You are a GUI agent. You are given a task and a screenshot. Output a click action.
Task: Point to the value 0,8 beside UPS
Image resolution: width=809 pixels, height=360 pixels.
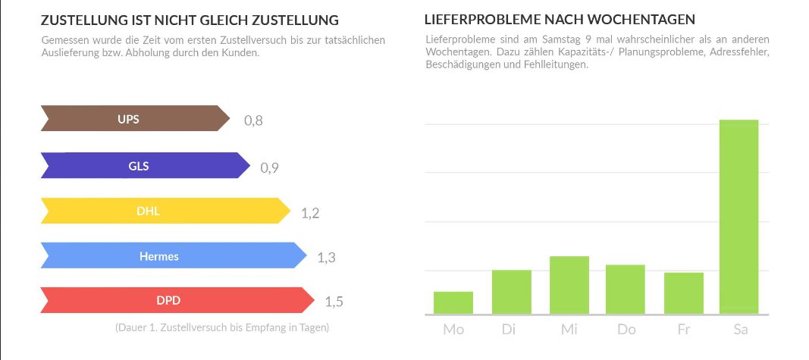click(253, 121)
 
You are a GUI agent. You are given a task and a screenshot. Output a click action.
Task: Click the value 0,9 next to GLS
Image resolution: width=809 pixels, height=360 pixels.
click(270, 167)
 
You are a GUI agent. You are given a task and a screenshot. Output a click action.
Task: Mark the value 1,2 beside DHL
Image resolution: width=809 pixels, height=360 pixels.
click(310, 213)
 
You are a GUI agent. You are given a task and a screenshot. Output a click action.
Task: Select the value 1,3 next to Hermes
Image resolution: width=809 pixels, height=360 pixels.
click(326, 258)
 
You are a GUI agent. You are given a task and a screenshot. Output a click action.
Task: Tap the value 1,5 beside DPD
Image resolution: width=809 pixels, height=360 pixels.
click(334, 302)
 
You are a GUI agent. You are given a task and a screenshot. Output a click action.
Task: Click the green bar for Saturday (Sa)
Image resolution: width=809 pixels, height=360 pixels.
click(738, 217)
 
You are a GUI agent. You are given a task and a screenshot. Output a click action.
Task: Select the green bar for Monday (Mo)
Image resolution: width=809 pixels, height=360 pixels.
click(453, 302)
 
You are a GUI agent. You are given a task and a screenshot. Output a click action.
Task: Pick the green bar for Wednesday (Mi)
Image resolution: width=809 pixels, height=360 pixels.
click(569, 285)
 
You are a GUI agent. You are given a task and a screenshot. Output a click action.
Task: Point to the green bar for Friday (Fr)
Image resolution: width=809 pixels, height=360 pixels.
click(684, 293)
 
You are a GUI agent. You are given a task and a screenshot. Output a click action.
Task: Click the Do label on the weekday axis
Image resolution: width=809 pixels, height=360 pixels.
click(626, 330)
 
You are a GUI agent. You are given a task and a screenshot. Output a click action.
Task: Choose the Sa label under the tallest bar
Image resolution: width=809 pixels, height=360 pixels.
click(740, 330)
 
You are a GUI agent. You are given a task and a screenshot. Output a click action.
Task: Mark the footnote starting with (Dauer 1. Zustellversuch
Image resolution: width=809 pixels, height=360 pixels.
click(221, 328)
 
